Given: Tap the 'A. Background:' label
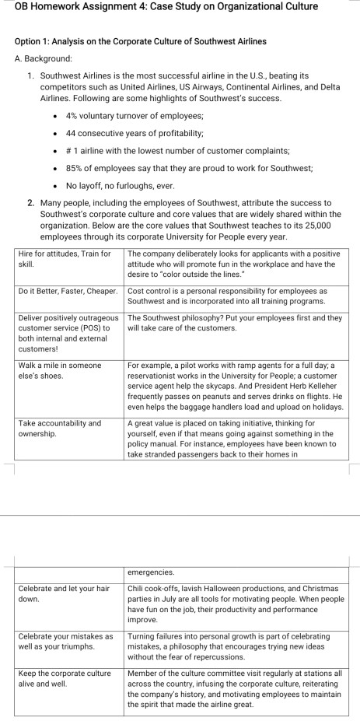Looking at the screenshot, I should pyautogui.click(x=44, y=58).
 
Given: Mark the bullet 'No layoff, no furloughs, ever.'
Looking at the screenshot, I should pyautogui.click(x=121, y=186).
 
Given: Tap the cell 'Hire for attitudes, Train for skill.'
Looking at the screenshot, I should pyautogui.click(x=65, y=259).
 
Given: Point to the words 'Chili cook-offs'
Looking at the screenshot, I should pyautogui.click(x=153, y=588).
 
